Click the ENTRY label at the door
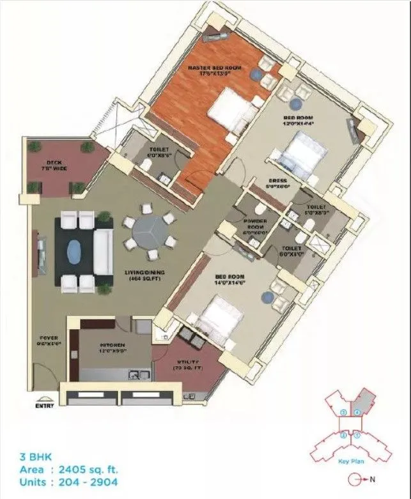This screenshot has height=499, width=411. point(45,403)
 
